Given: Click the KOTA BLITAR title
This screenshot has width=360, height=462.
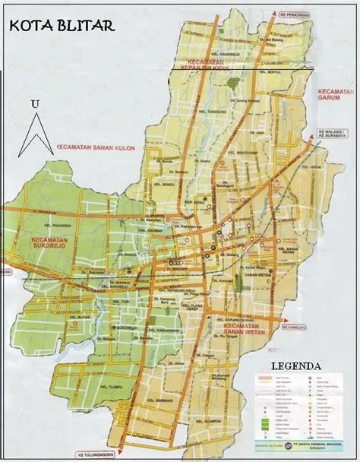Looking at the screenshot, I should [62, 25].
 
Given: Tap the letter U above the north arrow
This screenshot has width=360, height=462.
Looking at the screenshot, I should [34, 103].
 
